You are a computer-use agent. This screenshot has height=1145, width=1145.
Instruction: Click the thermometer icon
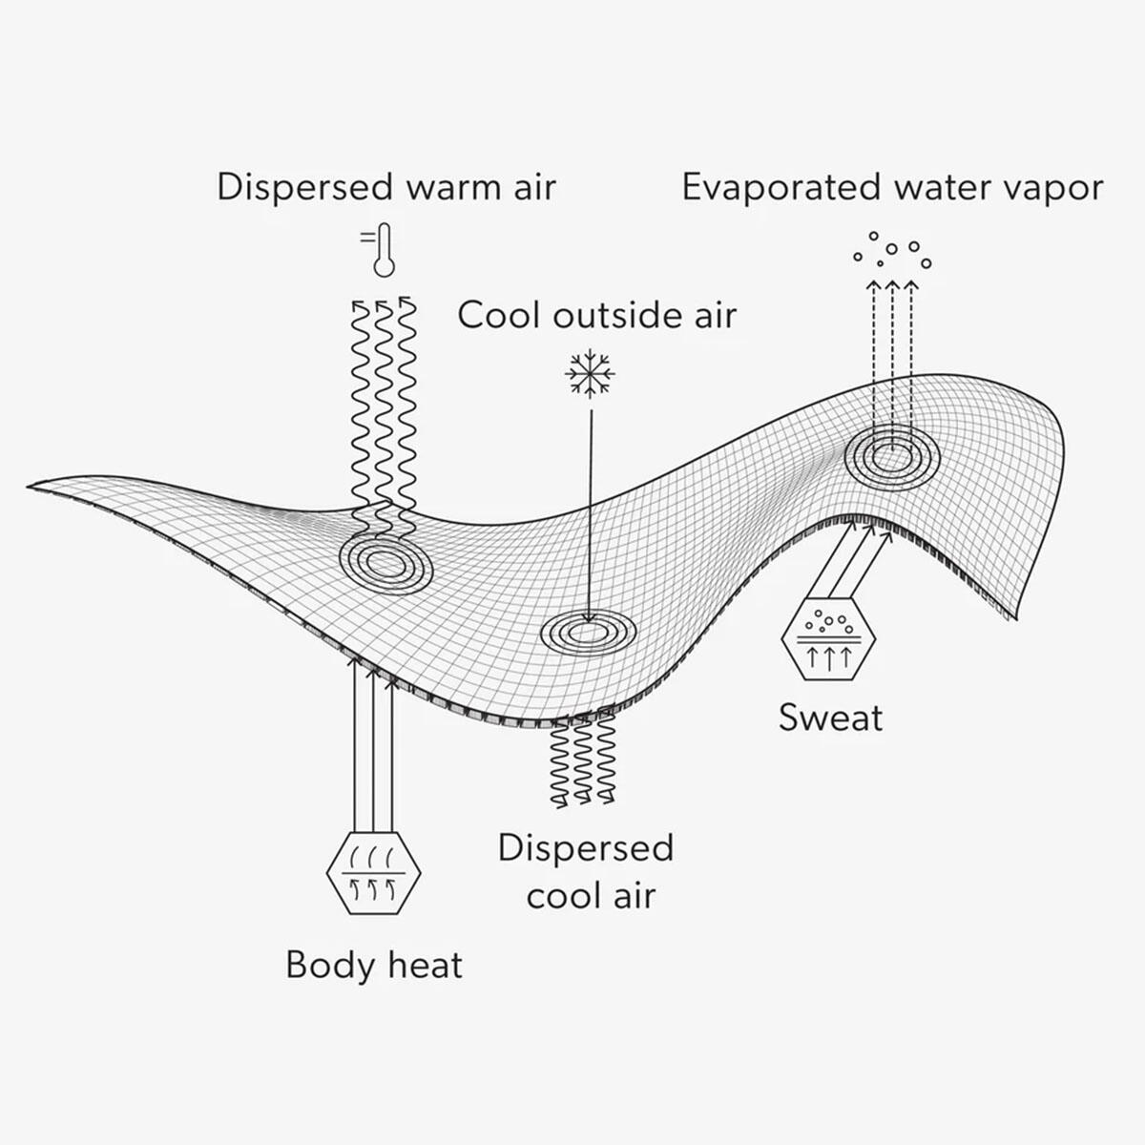384,251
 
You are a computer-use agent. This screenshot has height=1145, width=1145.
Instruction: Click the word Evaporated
780,188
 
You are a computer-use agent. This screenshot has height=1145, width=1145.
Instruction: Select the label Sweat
831,718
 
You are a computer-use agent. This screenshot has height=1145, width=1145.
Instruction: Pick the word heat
426,965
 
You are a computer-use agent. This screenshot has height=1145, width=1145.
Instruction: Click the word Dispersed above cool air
586,848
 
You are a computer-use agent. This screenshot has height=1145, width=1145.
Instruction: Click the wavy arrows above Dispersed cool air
583,760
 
